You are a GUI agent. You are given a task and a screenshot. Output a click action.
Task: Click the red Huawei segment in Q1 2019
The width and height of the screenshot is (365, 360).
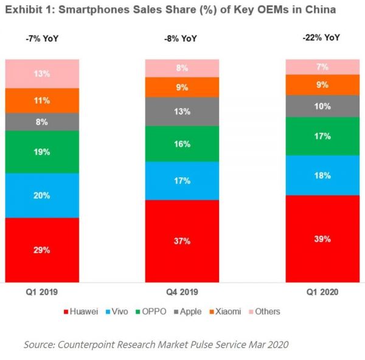(x=42, y=250)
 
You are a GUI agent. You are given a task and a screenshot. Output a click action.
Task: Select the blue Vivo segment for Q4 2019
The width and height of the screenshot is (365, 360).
(x=182, y=181)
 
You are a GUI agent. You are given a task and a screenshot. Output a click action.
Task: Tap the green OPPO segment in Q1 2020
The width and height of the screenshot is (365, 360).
(x=322, y=136)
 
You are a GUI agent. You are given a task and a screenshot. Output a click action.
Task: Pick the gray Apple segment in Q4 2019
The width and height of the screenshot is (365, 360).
(x=182, y=111)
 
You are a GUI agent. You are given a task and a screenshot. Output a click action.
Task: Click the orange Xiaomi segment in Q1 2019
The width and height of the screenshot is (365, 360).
(x=42, y=101)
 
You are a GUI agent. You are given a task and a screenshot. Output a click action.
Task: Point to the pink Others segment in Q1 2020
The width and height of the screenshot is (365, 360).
(x=322, y=67)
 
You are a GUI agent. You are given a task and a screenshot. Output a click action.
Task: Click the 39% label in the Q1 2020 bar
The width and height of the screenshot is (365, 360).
(x=322, y=239)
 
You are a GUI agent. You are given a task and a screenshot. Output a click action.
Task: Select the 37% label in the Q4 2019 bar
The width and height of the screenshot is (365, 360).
(x=182, y=241)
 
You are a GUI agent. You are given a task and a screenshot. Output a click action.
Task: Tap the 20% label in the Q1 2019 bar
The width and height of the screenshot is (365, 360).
(x=42, y=196)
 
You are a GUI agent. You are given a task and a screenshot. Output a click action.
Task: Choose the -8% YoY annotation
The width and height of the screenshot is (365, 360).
(x=181, y=39)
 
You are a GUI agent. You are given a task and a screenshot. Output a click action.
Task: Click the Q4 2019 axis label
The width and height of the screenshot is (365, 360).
(x=182, y=292)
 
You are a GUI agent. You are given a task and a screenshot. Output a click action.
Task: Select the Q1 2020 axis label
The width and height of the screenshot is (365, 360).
(x=322, y=292)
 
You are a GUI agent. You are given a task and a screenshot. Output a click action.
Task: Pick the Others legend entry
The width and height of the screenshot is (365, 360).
(x=268, y=311)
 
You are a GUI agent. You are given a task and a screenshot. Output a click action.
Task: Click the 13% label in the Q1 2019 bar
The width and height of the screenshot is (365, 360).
(x=42, y=74)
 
